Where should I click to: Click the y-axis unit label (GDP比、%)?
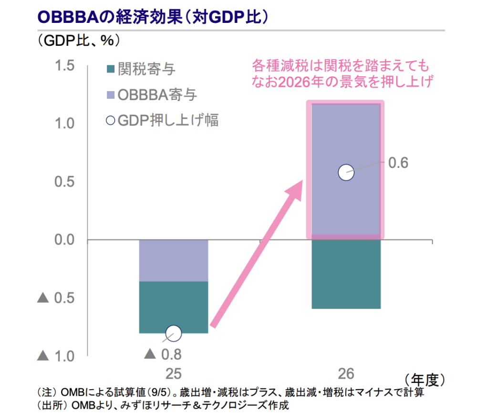(79, 41)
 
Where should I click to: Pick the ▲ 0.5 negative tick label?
(57, 299)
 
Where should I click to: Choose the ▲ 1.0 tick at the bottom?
(57, 356)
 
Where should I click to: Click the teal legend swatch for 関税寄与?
(110, 70)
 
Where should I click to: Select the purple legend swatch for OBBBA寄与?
(110, 95)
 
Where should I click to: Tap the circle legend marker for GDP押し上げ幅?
(110, 120)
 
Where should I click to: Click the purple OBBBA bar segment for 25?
(174, 260)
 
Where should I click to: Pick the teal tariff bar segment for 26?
(345, 274)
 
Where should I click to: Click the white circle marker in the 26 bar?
(346, 172)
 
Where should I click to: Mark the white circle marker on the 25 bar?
(174, 333)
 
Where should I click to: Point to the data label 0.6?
(398, 163)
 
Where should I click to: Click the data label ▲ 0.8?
(163, 354)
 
